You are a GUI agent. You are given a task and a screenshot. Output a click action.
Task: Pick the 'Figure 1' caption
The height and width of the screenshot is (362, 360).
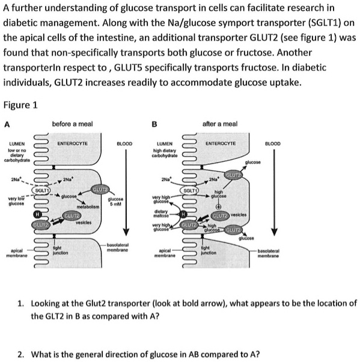click(20, 105)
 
